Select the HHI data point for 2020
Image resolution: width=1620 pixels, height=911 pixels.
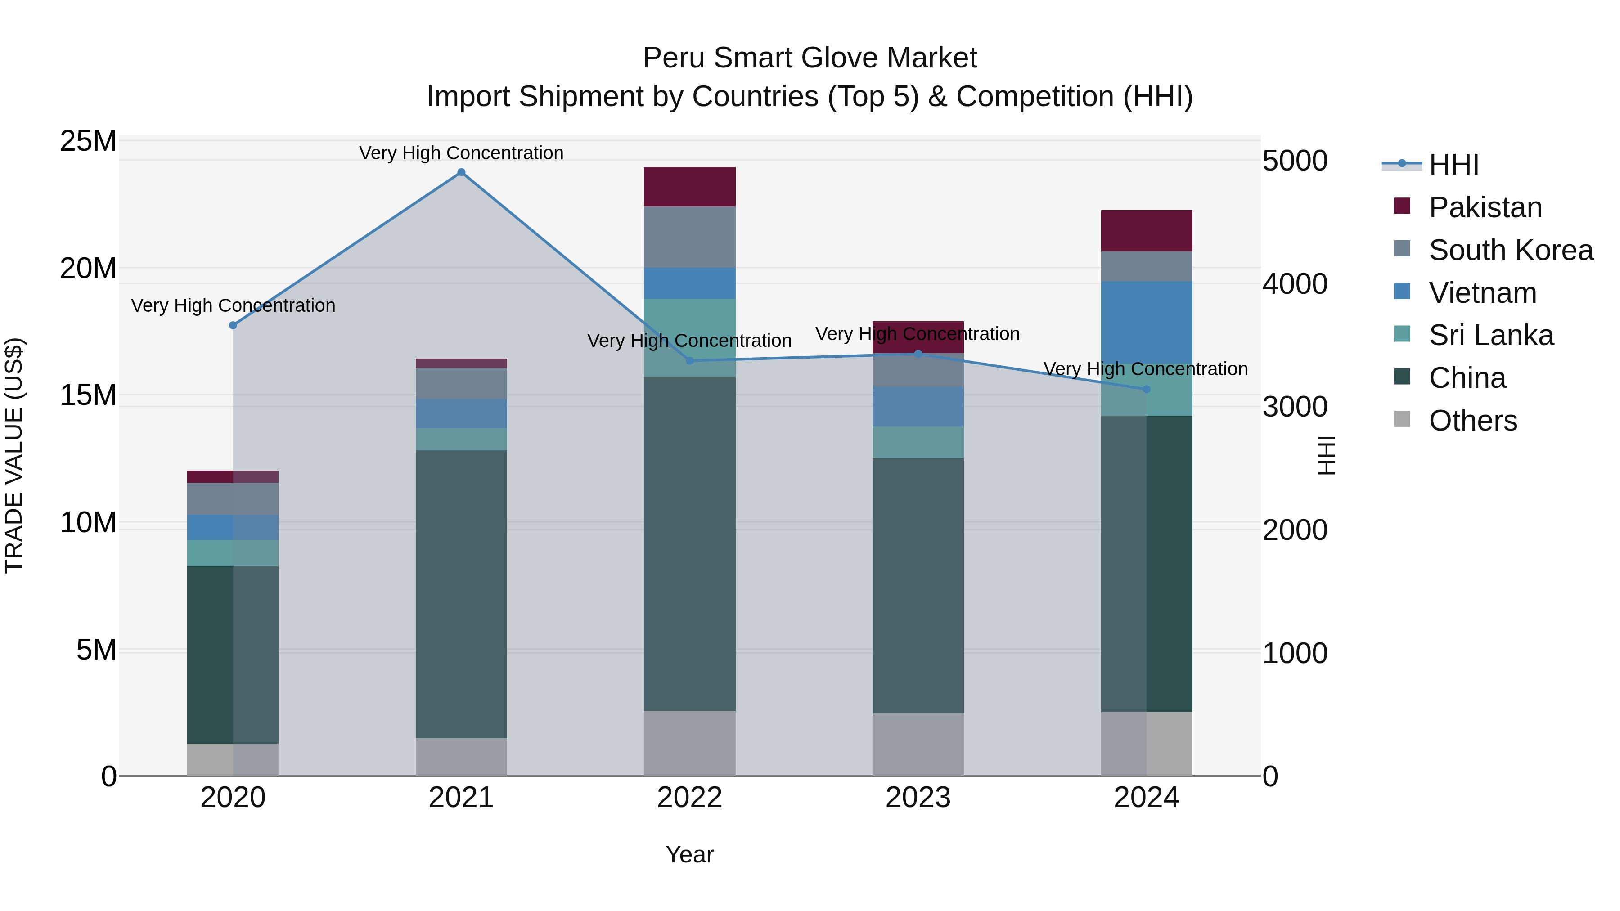point(233,325)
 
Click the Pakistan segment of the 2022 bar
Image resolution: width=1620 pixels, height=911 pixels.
point(689,187)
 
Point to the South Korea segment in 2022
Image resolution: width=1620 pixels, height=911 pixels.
point(689,237)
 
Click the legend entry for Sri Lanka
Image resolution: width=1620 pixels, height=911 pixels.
point(1490,335)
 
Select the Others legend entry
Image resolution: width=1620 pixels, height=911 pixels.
point(1472,421)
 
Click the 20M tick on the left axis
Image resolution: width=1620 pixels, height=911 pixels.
point(88,269)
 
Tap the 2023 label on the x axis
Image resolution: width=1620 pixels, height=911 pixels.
point(918,798)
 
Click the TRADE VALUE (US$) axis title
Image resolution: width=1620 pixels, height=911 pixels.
point(14,455)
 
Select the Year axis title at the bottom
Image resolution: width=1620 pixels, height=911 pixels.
point(689,854)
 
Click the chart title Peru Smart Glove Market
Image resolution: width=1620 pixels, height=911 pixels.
point(810,58)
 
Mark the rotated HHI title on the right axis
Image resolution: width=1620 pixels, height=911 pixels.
point(1327,455)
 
